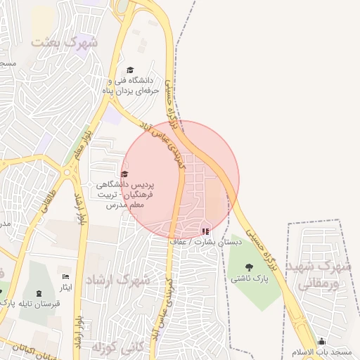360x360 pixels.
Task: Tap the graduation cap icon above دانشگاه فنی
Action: pyautogui.click(x=129, y=70)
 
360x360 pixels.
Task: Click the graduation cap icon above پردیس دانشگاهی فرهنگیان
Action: pyautogui.click(x=124, y=174)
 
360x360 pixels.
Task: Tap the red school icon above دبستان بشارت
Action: pyautogui.click(x=205, y=231)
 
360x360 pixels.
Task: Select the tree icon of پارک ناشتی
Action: pyautogui.click(x=248, y=266)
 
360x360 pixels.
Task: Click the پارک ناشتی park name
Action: pyautogui.click(x=248, y=278)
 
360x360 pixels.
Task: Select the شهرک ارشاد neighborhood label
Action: pyautogui.click(x=118, y=280)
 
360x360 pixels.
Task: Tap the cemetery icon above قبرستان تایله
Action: pyautogui.click(x=39, y=292)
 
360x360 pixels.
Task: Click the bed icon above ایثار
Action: pyautogui.click(x=66, y=276)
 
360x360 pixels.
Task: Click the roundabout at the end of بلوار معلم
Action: pyautogui.click(x=67, y=171)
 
